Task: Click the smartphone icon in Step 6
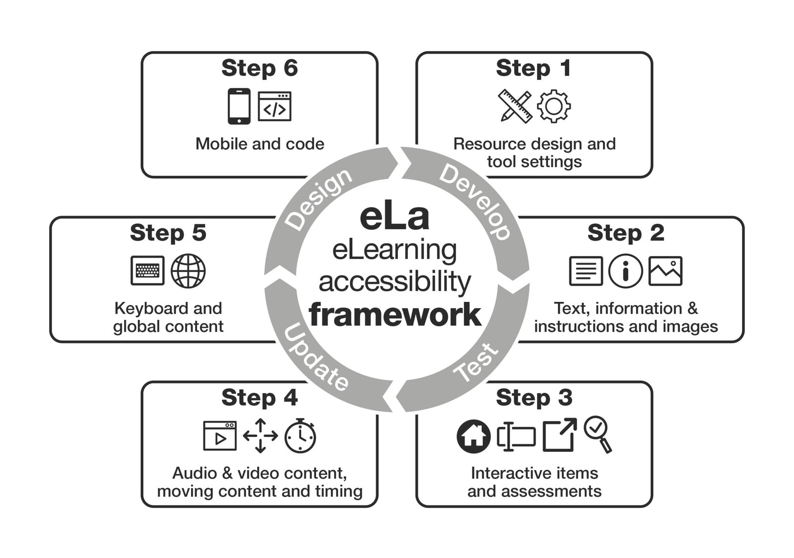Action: [239, 106]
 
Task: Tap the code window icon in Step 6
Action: [274, 106]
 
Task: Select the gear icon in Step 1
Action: [554, 106]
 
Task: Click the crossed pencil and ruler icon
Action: [515, 106]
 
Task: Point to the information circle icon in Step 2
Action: [626, 271]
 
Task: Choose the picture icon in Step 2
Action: [665, 271]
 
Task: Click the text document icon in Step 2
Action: [586, 271]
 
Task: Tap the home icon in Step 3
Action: [473, 436]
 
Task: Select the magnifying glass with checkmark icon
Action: [598, 434]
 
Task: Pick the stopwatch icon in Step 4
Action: [300, 436]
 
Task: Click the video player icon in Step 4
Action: [220, 436]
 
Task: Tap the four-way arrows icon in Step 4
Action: [261, 436]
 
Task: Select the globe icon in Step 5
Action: [188, 271]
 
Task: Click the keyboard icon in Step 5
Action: [147, 271]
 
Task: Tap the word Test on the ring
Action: [476, 363]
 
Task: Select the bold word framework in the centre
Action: [395, 314]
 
